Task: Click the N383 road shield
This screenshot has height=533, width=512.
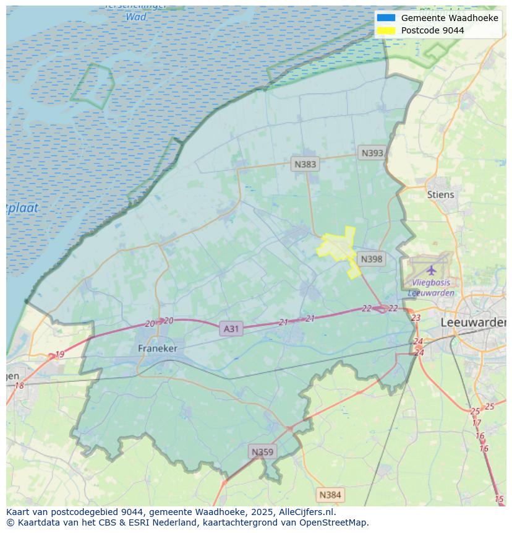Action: click(305, 164)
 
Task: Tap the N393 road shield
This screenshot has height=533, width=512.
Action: click(372, 153)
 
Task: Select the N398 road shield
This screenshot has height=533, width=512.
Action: click(371, 259)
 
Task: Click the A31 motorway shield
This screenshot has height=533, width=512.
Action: click(231, 329)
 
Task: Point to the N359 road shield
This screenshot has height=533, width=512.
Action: click(262, 452)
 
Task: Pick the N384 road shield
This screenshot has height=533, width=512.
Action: click(329, 495)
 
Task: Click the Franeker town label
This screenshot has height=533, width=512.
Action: click(157, 349)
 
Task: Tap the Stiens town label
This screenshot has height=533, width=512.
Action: click(440, 194)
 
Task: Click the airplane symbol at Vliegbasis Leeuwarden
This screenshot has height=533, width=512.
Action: click(431, 271)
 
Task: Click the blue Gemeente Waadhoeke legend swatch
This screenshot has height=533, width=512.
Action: click(386, 18)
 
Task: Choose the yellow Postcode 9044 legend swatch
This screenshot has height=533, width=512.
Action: click(386, 30)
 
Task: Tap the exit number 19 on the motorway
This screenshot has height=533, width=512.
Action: click(59, 355)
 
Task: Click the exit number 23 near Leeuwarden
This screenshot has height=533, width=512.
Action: click(416, 318)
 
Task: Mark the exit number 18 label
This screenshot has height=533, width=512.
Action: click(19, 386)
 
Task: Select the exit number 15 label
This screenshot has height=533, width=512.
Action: click(499, 499)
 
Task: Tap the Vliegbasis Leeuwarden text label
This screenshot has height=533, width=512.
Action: click(431, 288)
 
